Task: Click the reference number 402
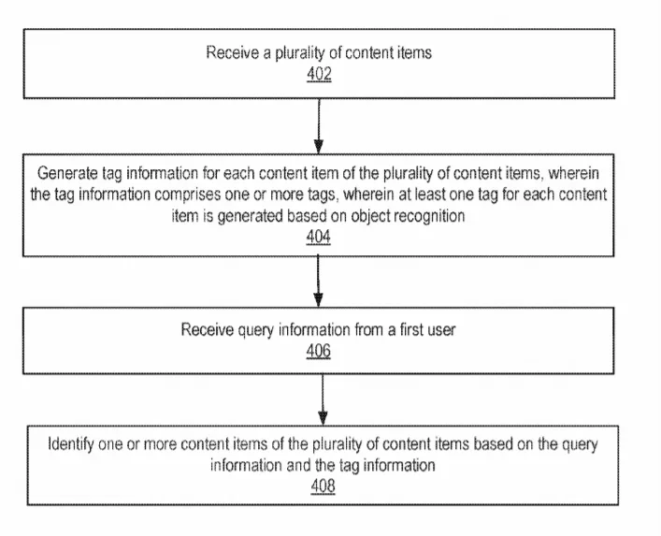click(x=319, y=74)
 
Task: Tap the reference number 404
click(x=318, y=237)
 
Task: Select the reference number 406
click(x=318, y=351)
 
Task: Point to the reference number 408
click(x=323, y=485)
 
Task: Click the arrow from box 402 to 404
click(x=319, y=126)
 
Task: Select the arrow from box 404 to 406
click(x=318, y=282)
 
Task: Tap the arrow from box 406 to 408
click(x=323, y=399)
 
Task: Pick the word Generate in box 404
click(x=67, y=174)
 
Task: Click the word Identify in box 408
click(x=70, y=444)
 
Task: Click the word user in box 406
click(x=441, y=330)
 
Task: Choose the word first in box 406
click(x=412, y=330)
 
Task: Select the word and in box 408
click(x=299, y=466)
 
